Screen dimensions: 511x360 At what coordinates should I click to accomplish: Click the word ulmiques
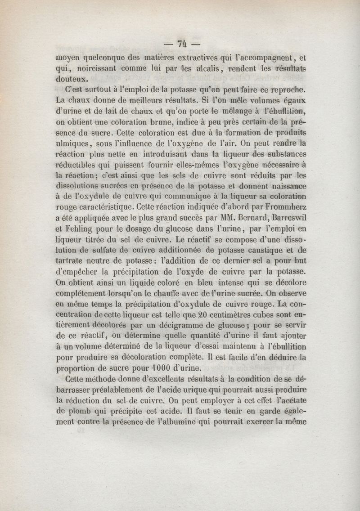74,144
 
